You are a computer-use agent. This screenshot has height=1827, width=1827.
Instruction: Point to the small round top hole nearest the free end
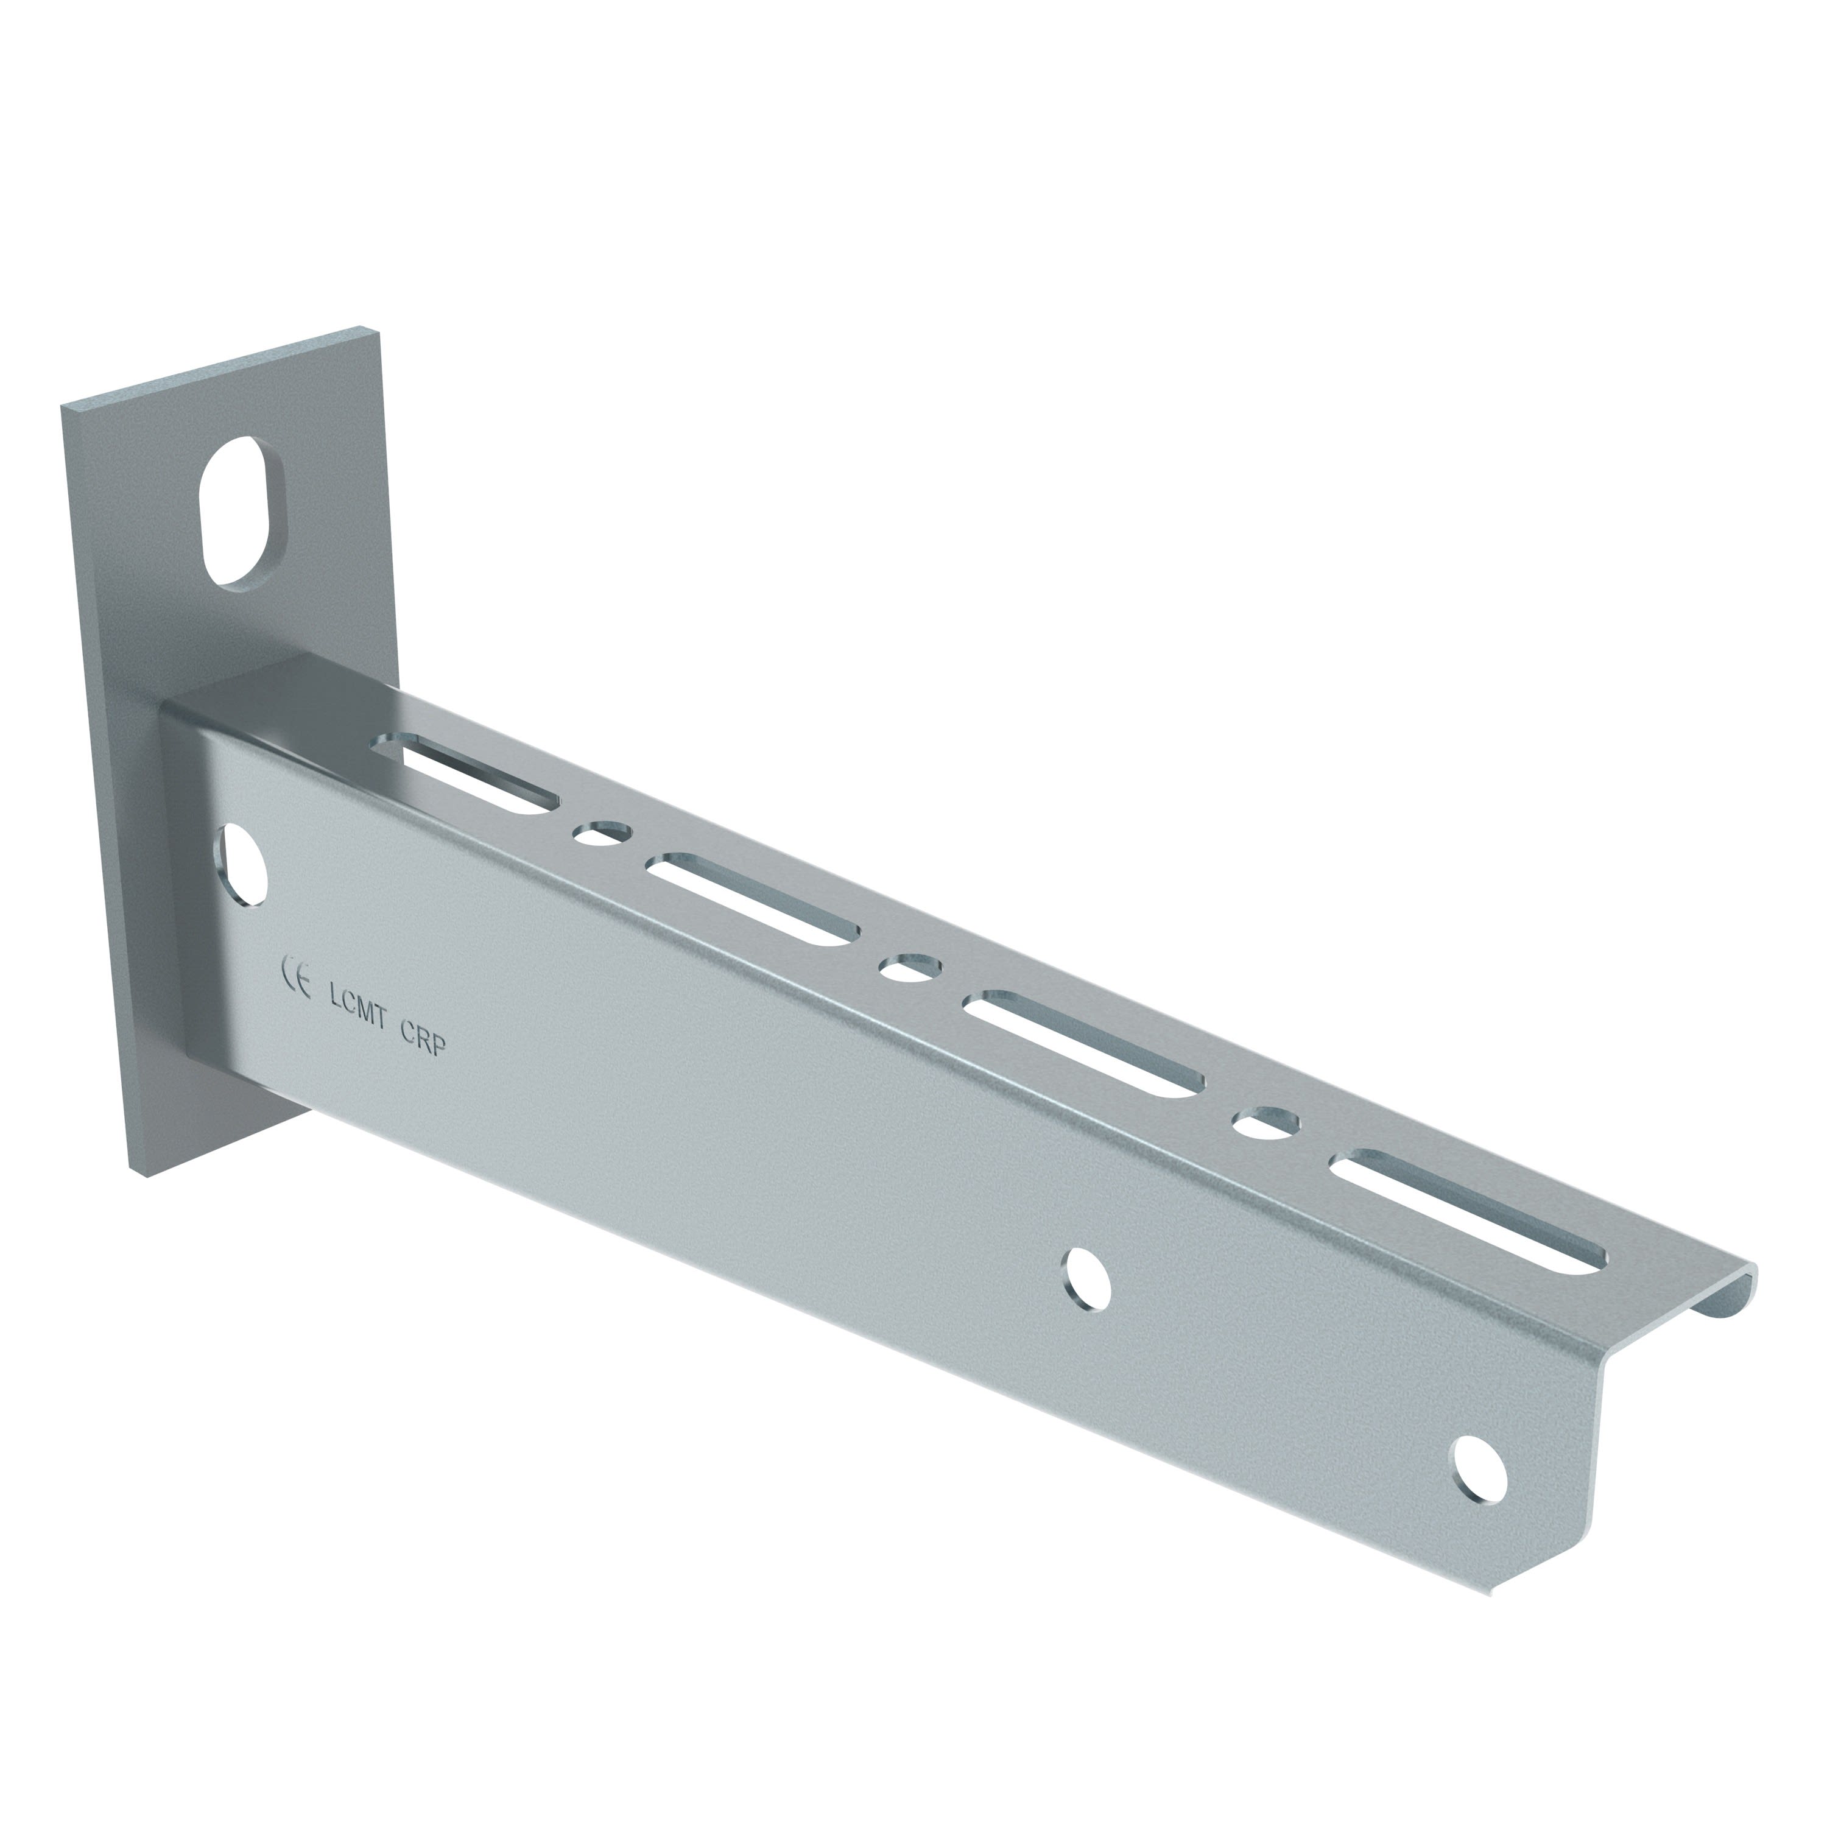coord(1267,1122)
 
